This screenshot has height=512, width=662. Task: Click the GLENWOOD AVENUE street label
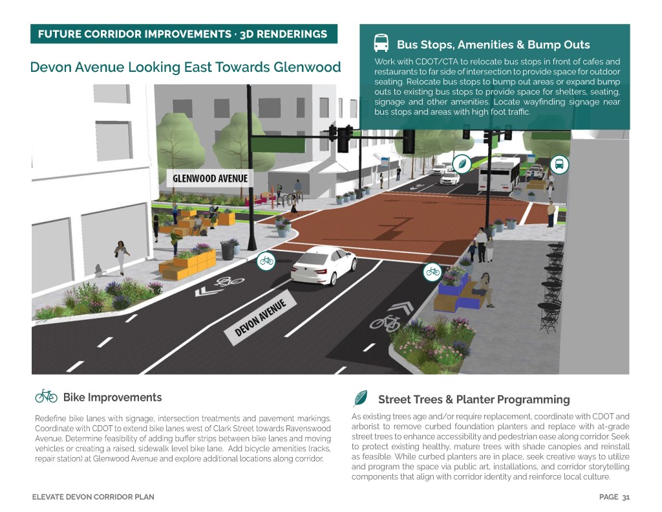click(208, 179)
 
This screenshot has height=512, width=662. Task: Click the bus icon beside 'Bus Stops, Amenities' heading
click(381, 43)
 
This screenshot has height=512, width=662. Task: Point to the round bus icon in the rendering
click(560, 164)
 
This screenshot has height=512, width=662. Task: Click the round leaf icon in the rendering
click(462, 164)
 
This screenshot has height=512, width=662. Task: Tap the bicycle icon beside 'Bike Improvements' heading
click(46, 396)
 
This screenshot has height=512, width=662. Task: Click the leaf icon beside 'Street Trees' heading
click(361, 399)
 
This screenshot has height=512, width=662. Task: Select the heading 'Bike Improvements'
click(112, 397)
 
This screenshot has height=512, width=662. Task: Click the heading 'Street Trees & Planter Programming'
click(474, 399)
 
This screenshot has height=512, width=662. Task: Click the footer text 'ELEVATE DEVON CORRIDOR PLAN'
click(94, 497)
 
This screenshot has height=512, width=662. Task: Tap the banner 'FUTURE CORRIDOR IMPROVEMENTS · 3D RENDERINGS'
click(183, 34)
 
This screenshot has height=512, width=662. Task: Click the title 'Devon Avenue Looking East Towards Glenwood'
click(186, 67)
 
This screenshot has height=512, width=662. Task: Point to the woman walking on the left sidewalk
click(120, 256)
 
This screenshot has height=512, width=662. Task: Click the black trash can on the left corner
click(227, 250)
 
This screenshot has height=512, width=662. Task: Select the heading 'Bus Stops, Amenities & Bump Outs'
click(493, 45)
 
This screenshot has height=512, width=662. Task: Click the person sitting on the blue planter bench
click(483, 290)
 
